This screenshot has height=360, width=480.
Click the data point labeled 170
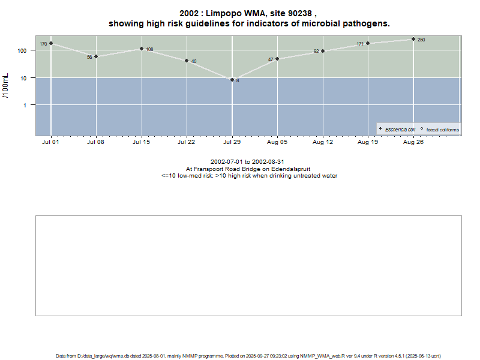[51, 43]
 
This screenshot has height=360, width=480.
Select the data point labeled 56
[96, 56]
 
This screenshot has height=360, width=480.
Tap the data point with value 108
[142, 49]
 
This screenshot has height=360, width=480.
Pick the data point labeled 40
[187, 61]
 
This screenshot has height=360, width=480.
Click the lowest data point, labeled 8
[232, 80]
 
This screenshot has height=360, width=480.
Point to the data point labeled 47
[277, 59]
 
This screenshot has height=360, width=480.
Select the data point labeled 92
[323, 51]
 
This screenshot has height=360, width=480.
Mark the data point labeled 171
[368, 43]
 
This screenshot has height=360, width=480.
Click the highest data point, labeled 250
[413, 39]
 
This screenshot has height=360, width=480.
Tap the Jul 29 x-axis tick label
[232, 143]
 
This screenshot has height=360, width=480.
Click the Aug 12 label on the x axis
[323, 143]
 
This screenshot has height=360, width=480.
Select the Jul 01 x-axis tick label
[51, 143]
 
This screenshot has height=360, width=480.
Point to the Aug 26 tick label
[413, 143]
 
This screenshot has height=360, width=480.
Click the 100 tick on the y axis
[23, 50]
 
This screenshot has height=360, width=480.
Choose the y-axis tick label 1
[26, 106]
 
